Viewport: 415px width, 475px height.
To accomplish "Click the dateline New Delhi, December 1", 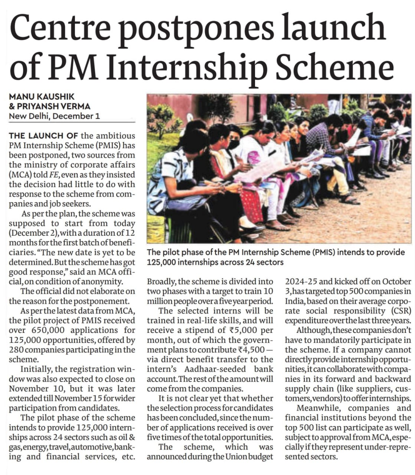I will [x=54, y=116].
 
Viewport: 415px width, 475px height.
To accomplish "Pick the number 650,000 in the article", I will [x=46, y=330].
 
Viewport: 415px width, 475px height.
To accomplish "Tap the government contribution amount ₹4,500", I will [x=251, y=350].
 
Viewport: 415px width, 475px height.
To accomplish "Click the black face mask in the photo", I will [x=234, y=144].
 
